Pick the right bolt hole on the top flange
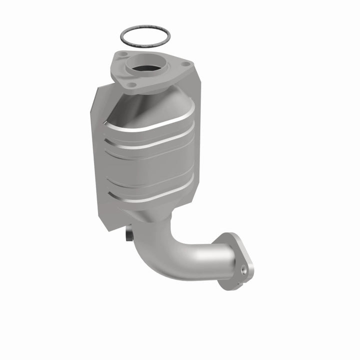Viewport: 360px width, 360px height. [x=185, y=64]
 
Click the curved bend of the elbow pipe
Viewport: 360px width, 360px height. [x=170, y=250]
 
